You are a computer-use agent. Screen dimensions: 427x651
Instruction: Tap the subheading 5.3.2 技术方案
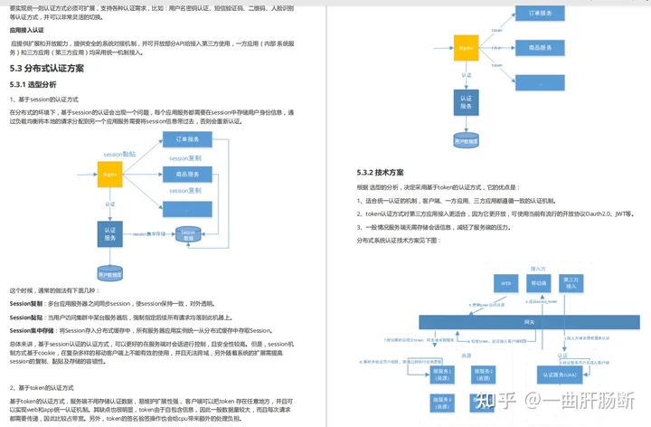point(381,172)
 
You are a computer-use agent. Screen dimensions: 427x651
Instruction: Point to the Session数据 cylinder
point(188,233)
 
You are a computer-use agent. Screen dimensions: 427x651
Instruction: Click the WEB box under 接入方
point(506,284)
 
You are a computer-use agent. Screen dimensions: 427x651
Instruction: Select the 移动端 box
point(539,284)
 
